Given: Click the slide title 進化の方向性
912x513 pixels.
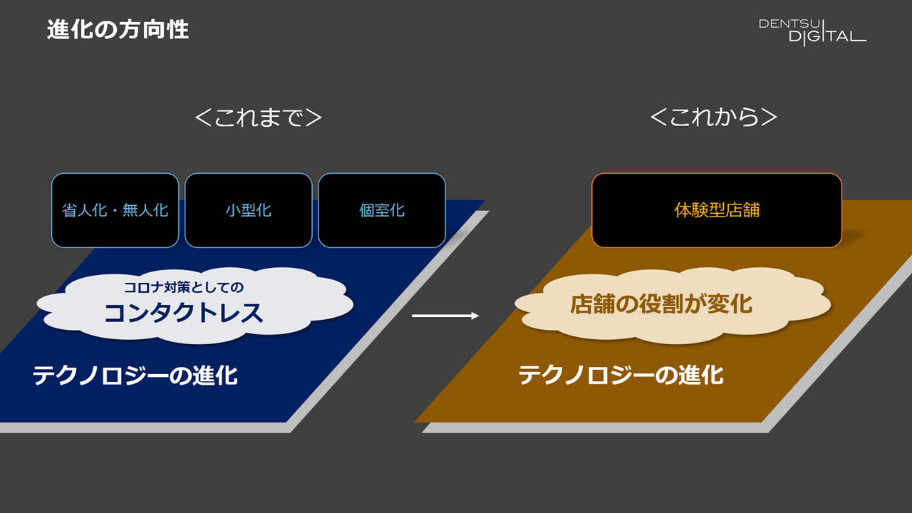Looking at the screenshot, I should [x=118, y=30].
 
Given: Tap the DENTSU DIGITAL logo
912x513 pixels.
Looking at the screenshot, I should [x=812, y=31].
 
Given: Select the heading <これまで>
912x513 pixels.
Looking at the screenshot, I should [x=258, y=118].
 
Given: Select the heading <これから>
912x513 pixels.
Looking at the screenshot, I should [x=714, y=118].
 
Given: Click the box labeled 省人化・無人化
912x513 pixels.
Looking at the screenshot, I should [x=115, y=210].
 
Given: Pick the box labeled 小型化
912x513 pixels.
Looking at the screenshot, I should [x=248, y=210].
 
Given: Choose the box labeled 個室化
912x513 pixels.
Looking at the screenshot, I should [x=382, y=210].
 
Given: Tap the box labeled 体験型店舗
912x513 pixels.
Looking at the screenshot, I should [x=717, y=210].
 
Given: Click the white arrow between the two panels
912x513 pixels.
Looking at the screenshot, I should [x=445, y=316].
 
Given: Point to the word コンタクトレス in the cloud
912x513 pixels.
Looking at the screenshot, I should [x=184, y=313].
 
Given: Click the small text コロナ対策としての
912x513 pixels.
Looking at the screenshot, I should [x=185, y=288].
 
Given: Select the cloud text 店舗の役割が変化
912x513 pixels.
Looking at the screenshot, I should [x=661, y=304].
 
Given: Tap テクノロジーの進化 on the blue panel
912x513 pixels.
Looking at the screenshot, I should [x=135, y=375].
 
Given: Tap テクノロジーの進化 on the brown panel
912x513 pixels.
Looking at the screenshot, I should [x=621, y=375].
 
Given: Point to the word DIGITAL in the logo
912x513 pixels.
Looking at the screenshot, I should [x=826, y=36].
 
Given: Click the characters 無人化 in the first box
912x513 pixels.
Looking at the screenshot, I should [x=145, y=210].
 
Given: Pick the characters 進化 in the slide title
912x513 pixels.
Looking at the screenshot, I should [x=71, y=30].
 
